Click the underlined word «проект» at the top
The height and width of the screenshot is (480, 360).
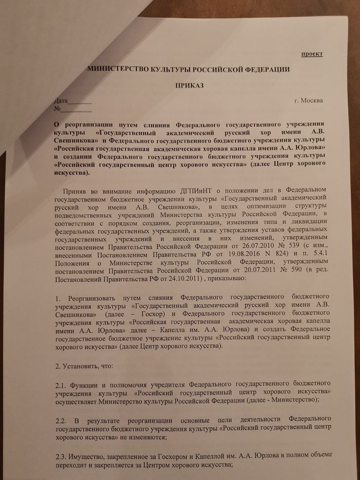click(x=312, y=54)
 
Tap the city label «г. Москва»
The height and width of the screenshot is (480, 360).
click(x=309, y=101)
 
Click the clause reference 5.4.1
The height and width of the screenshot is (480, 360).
click(x=317, y=254)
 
